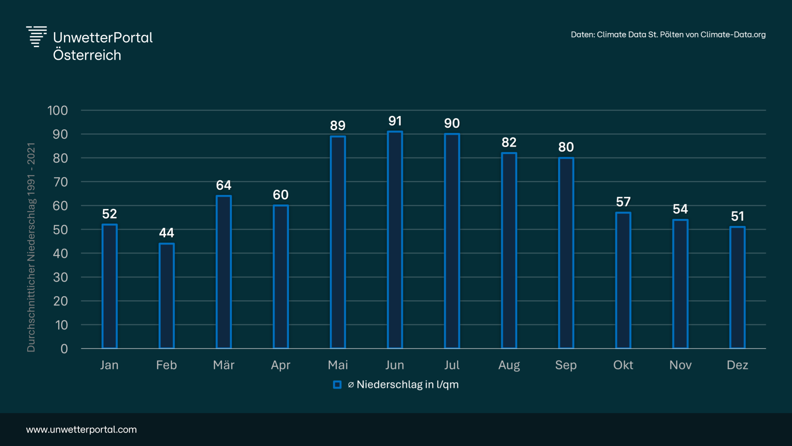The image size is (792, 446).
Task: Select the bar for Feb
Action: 167,296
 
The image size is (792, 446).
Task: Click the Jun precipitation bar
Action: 395,240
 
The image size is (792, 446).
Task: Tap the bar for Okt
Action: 623,280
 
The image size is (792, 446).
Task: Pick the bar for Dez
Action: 738,287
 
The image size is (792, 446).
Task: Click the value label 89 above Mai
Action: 338,126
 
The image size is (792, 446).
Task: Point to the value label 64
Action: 224,185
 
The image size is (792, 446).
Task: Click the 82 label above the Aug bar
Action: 509,142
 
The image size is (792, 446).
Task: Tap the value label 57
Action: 623,202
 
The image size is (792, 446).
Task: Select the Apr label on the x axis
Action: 281,365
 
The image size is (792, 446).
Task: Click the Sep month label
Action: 566,365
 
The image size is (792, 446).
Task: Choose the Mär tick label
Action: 224,365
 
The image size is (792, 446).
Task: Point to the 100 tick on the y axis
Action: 57,111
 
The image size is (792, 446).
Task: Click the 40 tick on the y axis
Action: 60,254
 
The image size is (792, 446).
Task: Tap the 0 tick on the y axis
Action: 64,349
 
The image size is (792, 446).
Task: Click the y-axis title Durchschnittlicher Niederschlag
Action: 31,247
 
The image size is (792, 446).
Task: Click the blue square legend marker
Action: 337,385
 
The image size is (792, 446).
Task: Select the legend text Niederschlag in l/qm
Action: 407,385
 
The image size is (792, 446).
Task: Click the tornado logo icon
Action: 36,37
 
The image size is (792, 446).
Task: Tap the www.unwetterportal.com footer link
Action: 81,429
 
